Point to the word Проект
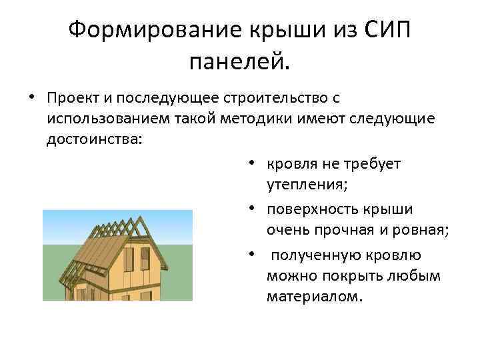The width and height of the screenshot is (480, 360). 70,99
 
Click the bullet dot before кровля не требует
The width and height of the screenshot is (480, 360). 254,163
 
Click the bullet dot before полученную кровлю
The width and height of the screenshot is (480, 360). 254,255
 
